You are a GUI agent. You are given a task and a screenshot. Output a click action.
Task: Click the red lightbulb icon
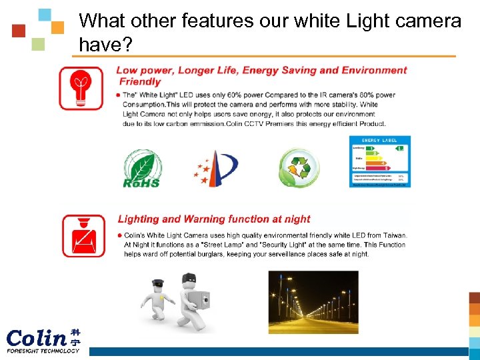pos(81,89)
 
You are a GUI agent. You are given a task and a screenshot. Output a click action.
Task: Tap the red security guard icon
pos(83,236)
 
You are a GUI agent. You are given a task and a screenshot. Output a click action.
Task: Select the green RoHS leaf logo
pos(141,169)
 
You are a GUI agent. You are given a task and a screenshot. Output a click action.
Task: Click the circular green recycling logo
pos(299,167)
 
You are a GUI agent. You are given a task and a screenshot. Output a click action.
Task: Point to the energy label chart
pos(380,161)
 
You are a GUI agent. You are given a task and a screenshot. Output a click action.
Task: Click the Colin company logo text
pos(37,336)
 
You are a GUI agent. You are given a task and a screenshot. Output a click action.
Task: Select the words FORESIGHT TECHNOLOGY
pos(43,351)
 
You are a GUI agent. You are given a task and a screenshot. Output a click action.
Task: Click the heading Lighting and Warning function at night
pos(214,219)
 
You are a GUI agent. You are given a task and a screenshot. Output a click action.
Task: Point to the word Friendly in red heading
pos(140,81)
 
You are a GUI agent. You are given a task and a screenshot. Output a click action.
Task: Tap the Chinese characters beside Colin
pos(75,337)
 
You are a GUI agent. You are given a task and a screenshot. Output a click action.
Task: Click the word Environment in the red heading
pos(375,70)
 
